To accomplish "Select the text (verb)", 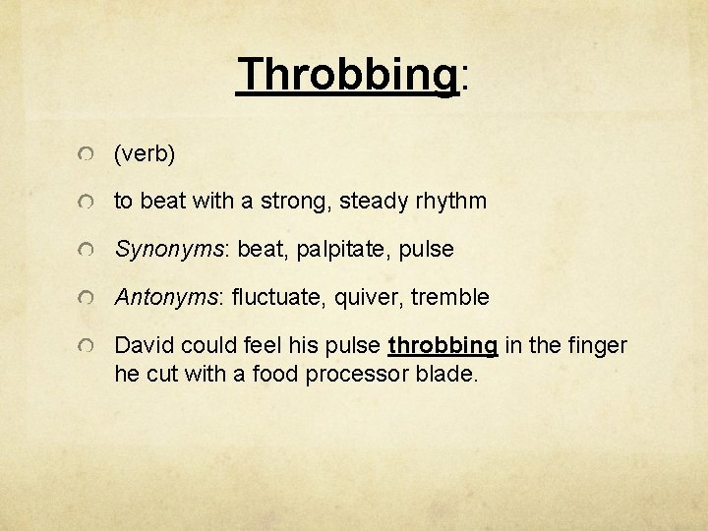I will (146, 153).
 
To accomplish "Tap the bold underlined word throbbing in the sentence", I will (442, 346).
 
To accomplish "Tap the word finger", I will (595, 345).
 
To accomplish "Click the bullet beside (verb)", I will (88, 155).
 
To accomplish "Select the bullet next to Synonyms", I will (88, 251).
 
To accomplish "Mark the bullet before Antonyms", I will (88, 298).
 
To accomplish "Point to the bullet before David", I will (88, 346).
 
